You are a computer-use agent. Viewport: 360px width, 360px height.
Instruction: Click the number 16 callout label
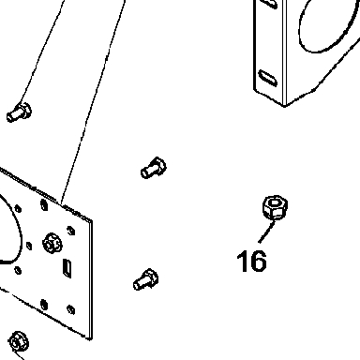coord(252,261)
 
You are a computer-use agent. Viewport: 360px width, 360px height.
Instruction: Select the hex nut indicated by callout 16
coord(275,207)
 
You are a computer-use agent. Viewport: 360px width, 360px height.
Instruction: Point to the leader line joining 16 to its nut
coord(267,232)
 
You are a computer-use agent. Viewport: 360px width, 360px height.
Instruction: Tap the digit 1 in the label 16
coord(242,261)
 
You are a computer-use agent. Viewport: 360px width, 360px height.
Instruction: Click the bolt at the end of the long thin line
coord(19,112)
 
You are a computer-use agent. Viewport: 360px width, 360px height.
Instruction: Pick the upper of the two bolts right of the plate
coord(154,168)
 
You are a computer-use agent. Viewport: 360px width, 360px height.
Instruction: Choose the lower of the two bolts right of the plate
coord(146,279)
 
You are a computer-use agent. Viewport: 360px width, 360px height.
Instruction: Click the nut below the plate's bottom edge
coord(19,341)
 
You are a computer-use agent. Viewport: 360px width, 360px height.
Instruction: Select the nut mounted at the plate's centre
coord(52,244)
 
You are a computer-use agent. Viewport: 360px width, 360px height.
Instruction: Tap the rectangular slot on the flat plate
coord(67,268)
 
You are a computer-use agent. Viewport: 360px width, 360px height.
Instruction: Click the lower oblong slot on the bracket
coord(268,78)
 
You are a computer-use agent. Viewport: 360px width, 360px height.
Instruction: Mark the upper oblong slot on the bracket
coord(269,3)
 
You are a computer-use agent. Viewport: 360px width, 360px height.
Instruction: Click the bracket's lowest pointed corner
coord(284,106)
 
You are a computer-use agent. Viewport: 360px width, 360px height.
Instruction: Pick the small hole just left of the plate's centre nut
coord(29,246)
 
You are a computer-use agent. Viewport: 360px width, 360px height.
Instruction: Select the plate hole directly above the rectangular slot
coord(71,231)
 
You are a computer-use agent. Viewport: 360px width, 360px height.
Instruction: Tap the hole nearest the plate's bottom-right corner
coord(71,309)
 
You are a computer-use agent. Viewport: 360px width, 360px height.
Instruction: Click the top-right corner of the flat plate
coord(92,220)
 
